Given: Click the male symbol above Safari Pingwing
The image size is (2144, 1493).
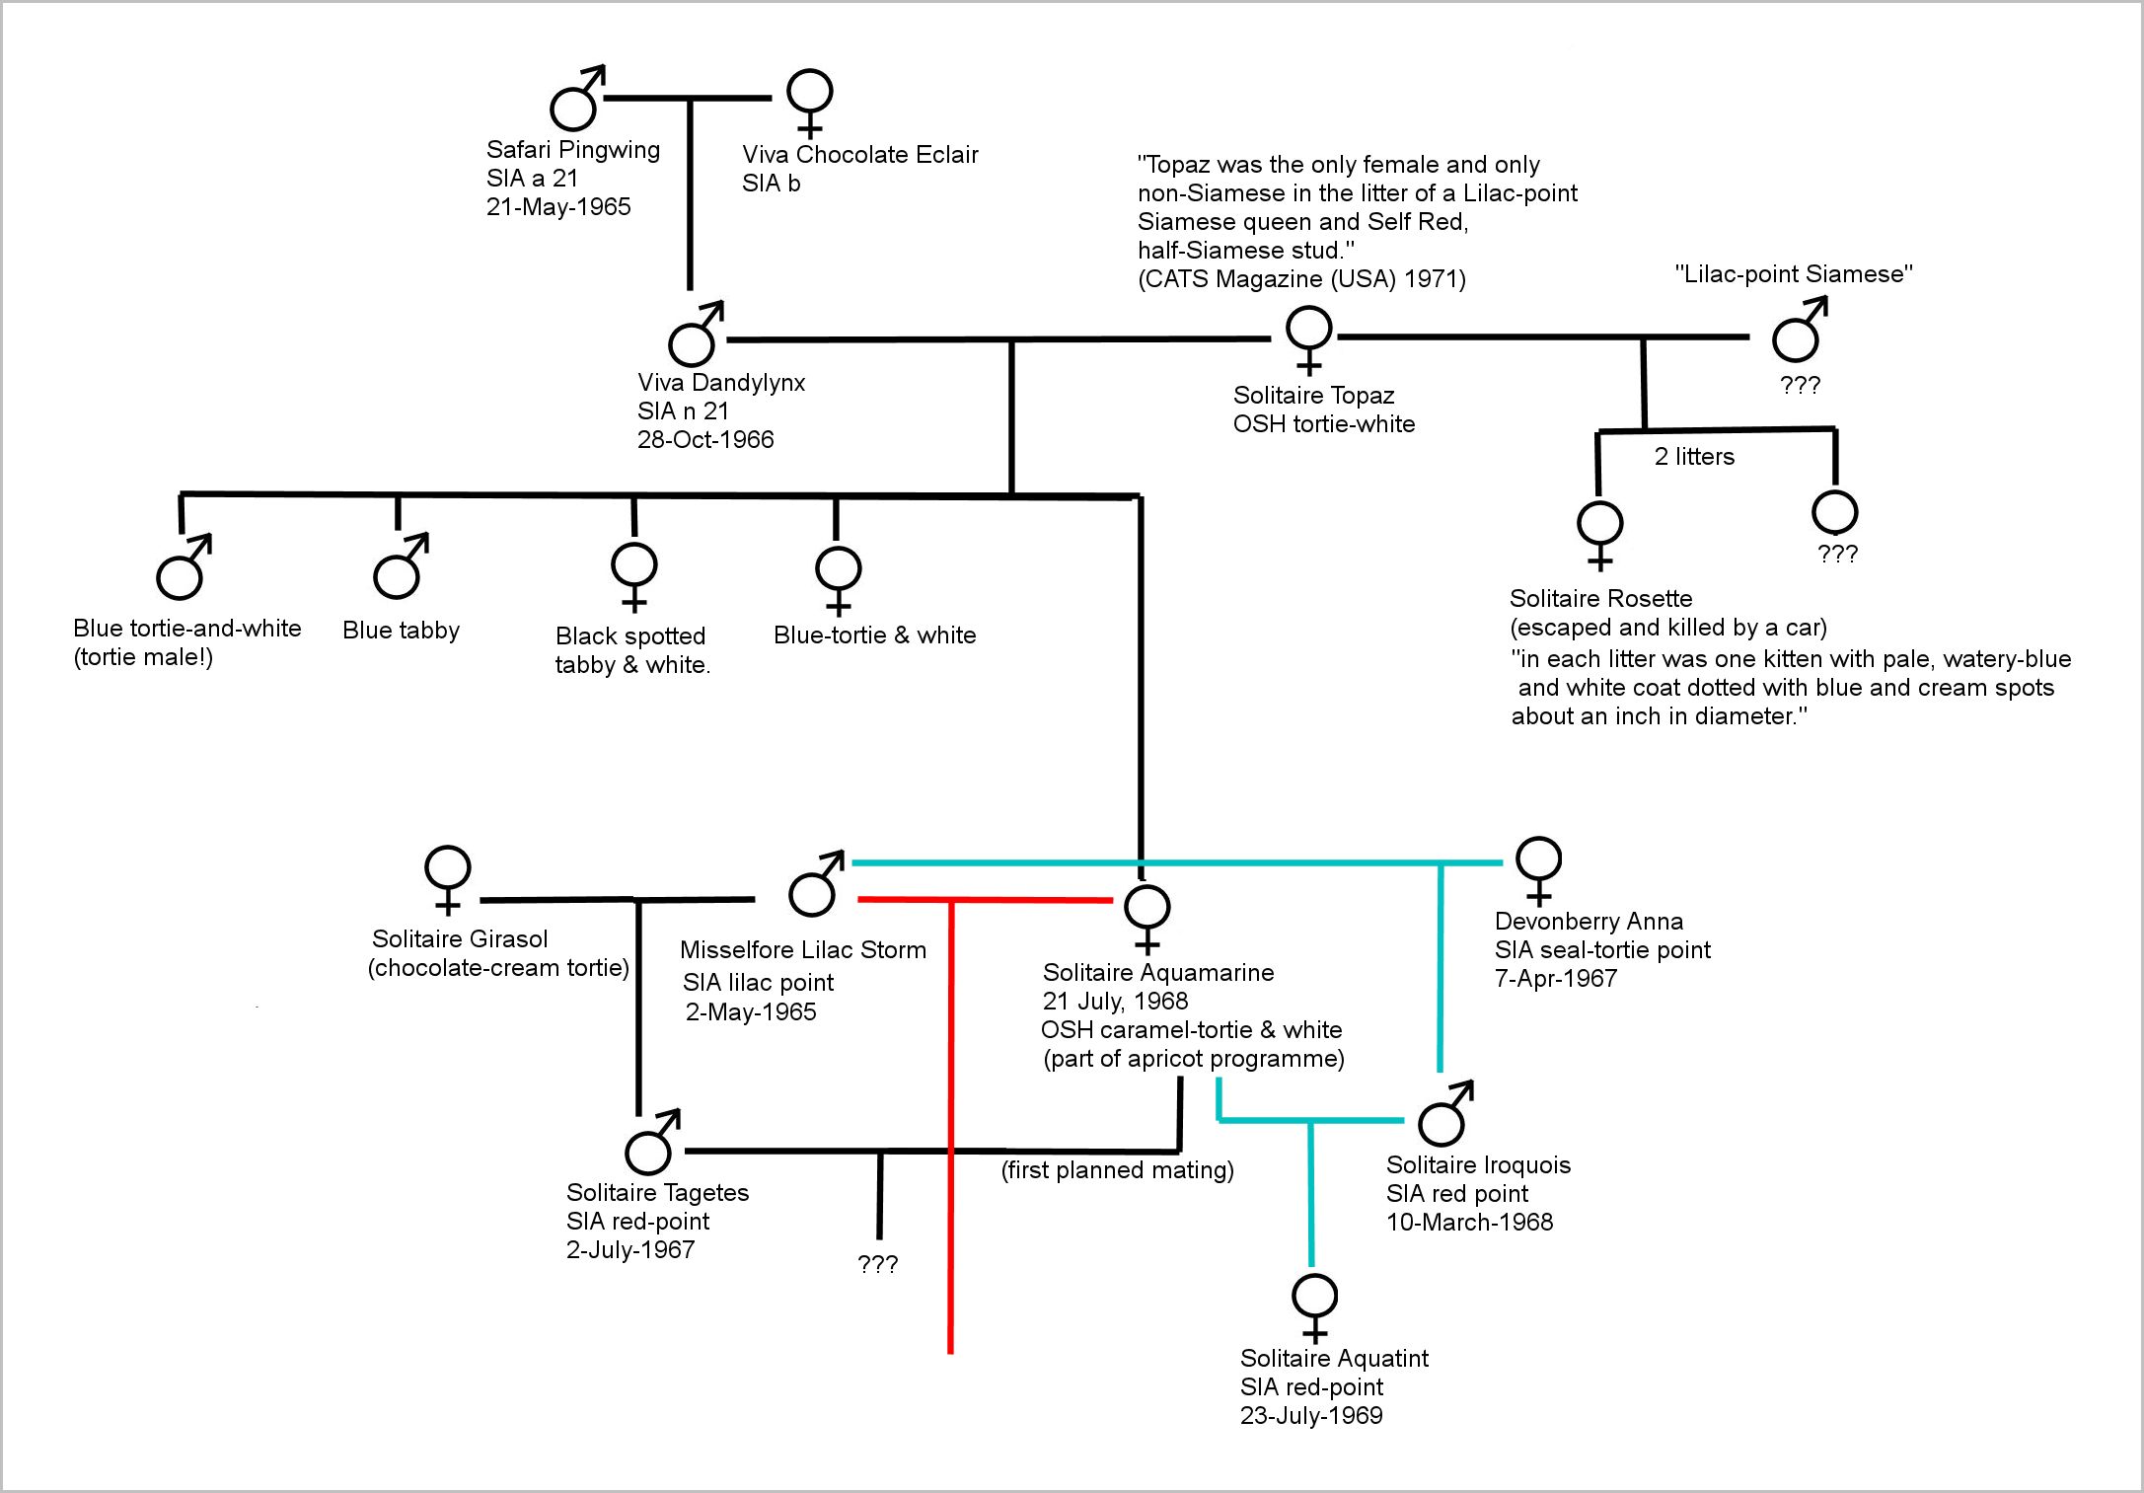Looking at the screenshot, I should [x=575, y=100].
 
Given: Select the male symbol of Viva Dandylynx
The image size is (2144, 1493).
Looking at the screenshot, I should [x=694, y=336].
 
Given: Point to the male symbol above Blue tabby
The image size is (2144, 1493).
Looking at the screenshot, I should [x=399, y=568].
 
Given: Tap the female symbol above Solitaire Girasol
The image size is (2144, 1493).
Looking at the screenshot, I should [x=447, y=877].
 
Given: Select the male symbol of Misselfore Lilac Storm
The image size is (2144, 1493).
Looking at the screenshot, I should [x=815, y=885].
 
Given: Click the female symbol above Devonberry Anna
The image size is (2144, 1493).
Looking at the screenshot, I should [x=1538, y=867].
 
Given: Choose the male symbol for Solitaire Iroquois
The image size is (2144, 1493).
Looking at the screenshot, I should [x=1443, y=1116].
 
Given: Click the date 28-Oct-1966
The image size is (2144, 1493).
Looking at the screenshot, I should [x=705, y=440].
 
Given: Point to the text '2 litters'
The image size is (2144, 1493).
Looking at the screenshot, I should [x=1694, y=457].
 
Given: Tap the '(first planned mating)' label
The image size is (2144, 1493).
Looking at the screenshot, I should [x=1117, y=1170].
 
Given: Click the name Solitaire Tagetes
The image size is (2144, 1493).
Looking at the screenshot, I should [x=657, y=1193].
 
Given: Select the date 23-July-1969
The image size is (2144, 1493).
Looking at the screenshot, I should [x=1311, y=1416].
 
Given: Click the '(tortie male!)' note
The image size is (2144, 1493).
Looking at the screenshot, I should [x=143, y=657].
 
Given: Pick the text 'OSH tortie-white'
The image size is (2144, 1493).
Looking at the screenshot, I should [x=1323, y=424].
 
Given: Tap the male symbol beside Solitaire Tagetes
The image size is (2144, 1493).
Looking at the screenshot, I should [x=650, y=1146].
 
